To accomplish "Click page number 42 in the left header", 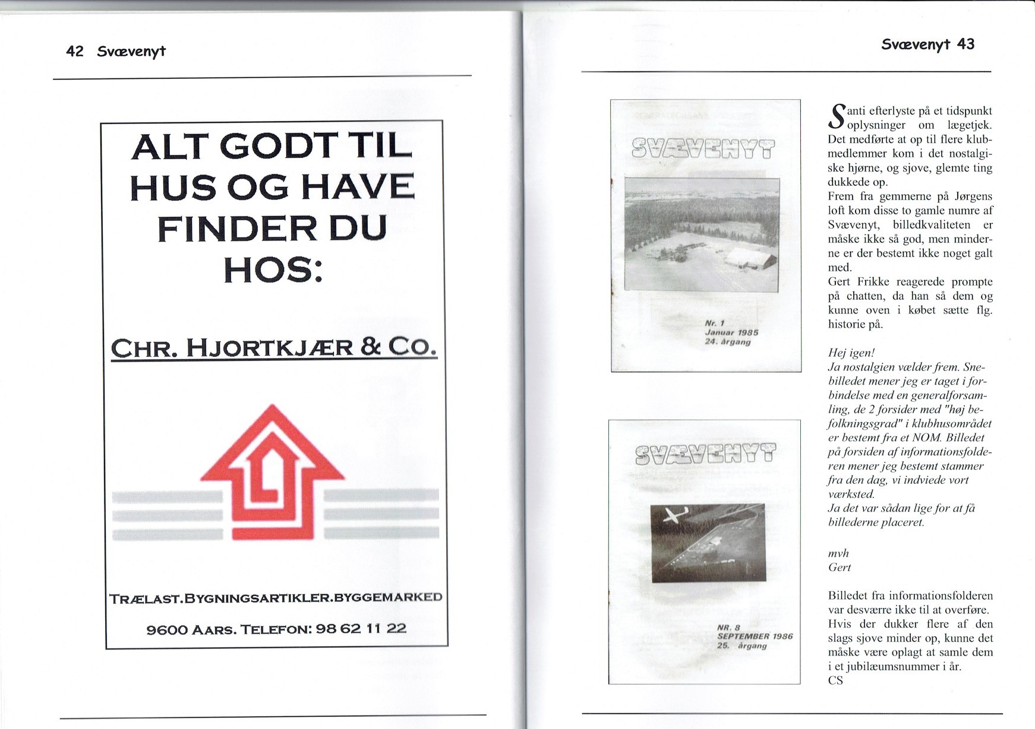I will [75, 52].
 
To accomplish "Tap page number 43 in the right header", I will [965, 45].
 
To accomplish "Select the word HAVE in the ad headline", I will [358, 188].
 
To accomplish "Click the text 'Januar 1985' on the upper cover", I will [731, 333].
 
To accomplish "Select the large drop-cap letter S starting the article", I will [837, 117].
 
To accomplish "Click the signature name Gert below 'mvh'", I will [840, 568].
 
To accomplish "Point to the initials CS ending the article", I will [835, 681].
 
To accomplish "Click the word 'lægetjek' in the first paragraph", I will [970, 125].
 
